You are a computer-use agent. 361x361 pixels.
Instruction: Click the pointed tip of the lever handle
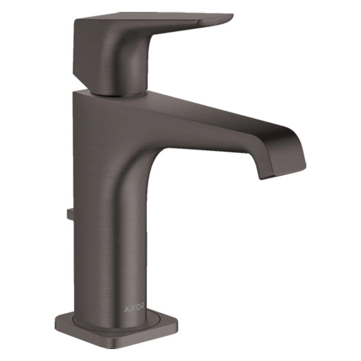click(x=233, y=16)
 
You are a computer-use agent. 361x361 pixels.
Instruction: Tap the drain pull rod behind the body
click(x=70, y=214)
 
